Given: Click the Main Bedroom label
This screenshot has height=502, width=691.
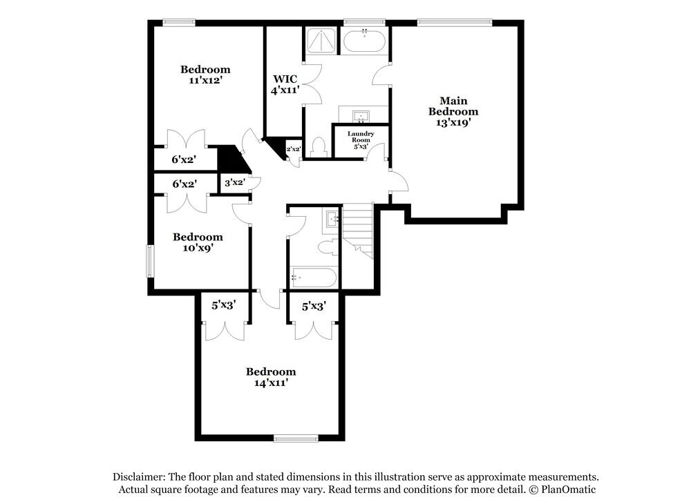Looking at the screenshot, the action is [x=453, y=105].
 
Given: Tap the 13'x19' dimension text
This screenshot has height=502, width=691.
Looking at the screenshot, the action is [x=453, y=122].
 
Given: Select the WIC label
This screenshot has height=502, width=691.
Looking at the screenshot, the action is [x=285, y=78].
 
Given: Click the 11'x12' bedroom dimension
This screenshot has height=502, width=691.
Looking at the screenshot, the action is [x=205, y=80].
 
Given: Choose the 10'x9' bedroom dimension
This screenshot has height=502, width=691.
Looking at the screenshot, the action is [x=197, y=248].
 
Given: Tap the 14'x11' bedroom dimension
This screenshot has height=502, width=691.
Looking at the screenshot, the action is [x=271, y=383].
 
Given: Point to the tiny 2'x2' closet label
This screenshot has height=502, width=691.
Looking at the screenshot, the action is [x=293, y=149].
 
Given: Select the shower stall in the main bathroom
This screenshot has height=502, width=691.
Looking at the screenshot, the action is [x=320, y=41].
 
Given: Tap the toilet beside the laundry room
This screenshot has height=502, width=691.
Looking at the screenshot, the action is [x=319, y=146].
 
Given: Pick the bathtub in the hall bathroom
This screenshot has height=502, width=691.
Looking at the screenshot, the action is [x=314, y=278].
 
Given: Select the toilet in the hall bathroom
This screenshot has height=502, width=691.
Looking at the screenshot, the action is [x=329, y=247].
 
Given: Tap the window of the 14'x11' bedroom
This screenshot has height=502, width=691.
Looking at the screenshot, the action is [x=295, y=437].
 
